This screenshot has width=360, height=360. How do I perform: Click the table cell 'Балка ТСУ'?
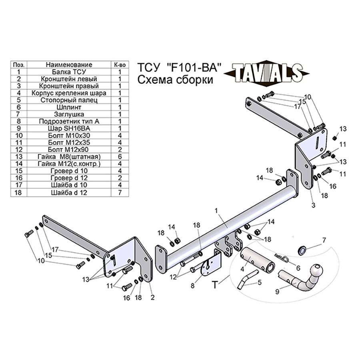coord(68,72)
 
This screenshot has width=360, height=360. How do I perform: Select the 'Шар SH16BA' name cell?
coord(68,128)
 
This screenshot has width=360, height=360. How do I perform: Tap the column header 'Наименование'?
coord(68,65)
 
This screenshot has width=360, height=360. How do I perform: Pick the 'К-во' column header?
coord(120,65)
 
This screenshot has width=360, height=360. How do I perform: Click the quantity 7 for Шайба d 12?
coord(120,192)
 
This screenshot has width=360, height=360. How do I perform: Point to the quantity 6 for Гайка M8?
coord(120,156)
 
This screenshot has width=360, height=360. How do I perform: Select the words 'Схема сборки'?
coord(175,80)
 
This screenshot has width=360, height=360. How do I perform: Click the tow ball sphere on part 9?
coord(318,270)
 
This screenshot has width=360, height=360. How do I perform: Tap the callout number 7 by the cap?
coord(324,240)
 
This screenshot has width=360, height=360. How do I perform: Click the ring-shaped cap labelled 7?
coord(303,251)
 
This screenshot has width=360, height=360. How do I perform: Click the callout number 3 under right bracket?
coord(313,205)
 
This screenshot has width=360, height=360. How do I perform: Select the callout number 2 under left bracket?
coord(152,298)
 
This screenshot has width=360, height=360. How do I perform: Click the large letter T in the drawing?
coord(215,285)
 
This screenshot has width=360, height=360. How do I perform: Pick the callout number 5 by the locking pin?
coord(259,282)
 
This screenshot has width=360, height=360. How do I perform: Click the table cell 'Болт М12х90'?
coord(68,149)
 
